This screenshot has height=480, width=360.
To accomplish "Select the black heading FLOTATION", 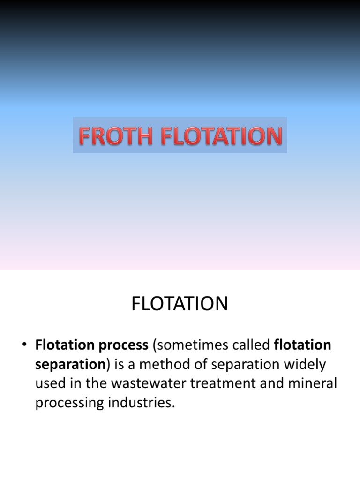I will tap(180, 304).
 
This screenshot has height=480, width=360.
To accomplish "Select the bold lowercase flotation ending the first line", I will tap(302, 345).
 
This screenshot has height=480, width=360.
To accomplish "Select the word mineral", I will tap(315, 383).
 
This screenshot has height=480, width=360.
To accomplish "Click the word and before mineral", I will tap(277, 383).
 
